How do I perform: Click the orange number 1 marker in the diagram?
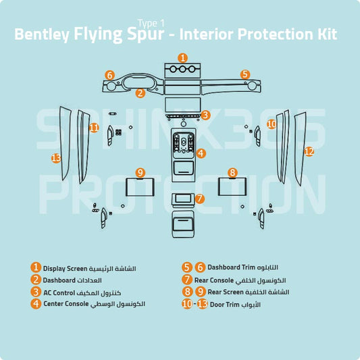click(x=182, y=58)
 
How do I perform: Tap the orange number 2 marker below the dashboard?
click(x=140, y=93)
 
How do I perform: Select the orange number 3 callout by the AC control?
click(x=205, y=115)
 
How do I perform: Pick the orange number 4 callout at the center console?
click(x=201, y=153)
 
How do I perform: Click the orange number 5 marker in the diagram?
click(x=245, y=74)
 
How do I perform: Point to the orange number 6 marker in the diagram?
click(x=109, y=75)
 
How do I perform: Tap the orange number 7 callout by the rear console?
click(x=199, y=199)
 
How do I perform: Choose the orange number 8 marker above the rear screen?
click(x=232, y=174)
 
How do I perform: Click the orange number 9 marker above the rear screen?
click(x=140, y=174)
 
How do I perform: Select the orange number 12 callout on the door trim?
click(x=309, y=152)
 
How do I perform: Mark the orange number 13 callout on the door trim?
click(x=56, y=158)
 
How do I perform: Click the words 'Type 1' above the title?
click(x=151, y=23)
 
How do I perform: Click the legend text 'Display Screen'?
click(x=66, y=269)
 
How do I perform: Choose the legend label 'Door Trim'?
click(x=225, y=305)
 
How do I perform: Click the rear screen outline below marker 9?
click(x=140, y=192)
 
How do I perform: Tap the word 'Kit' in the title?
click(x=325, y=34)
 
